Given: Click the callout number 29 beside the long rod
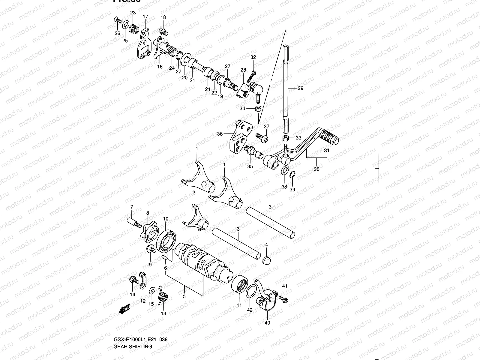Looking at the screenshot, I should [x=300, y=88].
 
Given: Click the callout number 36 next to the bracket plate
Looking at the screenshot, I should [x=220, y=134].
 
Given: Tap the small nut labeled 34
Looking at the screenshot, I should [x=258, y=108].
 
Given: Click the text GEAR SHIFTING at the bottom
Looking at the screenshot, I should [x=133, y=346].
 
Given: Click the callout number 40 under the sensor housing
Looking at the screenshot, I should [x=267, y=323].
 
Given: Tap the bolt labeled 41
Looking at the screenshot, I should [x=283, y=299].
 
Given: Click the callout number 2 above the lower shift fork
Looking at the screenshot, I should [x=194, y=193].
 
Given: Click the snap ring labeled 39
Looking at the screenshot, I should [x=292, y=175].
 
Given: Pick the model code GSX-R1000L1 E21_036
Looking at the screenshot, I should [x=140, y=340].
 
